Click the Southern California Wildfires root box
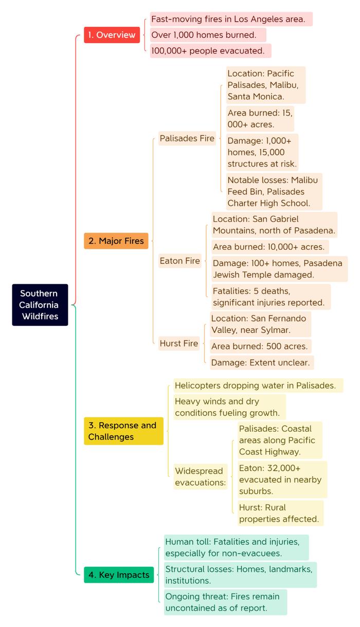pyautogui.click(x=40, y=305)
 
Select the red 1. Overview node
pyautogui.click(x=112, y=35)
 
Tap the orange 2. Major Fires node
pyautogui.click(x=116, y=241)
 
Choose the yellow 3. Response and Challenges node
pyautogui.click(x=123, y=431)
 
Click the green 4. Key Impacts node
pyautogui.click(x=119, y=575)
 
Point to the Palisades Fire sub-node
pyautogui.click(x=187, y=138)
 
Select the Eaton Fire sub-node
pyautogui.click(x=180, y=261)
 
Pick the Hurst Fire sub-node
pyautogui.click(x=179, y=343)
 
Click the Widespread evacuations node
pyautogui.click(x=201, y=477)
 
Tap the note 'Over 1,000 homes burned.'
pyautogui.click(x=208, y=35)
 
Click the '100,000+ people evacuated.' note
pyautogui.click(x=211, y=51)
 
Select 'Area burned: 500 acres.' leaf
pyautogui.click(x=261, y=346)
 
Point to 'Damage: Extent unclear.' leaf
pyautogui.click(x=262, y=362)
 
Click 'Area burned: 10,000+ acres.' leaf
pyautogui.click(x=270, y=247)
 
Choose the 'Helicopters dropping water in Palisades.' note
pyautogui.click(x=258, y=385)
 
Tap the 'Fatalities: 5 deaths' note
pyautogui.click(x=271, y=297)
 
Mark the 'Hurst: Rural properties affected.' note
pyautogui.click(x=280, y=513)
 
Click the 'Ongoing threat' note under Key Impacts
pyautogui.click(x=226, y=602)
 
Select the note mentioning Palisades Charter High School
pyautogui.click(x=274, y=192)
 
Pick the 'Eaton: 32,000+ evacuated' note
pyautogui.click(x=282, y=480)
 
